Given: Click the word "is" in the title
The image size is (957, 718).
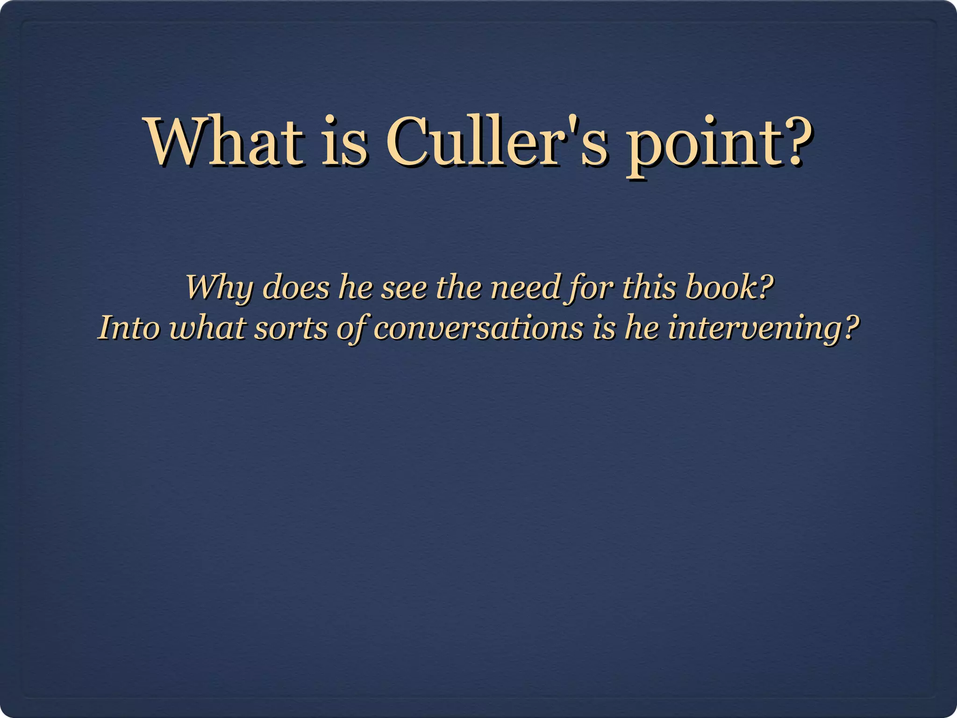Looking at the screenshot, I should click(x=344, y=141).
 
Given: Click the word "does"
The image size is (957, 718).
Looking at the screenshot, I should click(x=296, y=287).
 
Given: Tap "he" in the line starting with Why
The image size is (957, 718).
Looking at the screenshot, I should click(x=355, y=287).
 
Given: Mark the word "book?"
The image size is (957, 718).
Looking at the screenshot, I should click(x=727, y=287).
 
